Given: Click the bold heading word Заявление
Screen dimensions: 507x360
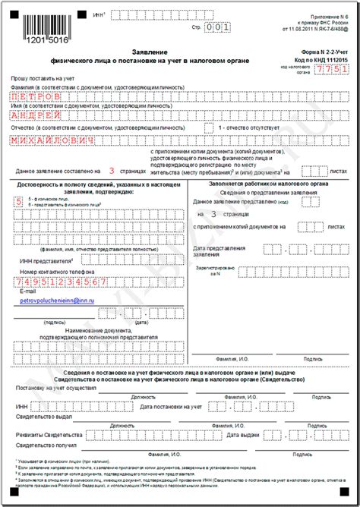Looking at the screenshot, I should click(x=179, y=52).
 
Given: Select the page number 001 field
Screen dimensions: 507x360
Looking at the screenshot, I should click(x=219, y=27).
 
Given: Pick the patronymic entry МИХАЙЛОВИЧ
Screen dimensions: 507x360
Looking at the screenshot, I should click(x=55, y=141).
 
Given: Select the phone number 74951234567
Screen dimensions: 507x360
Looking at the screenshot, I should click(x=62, y=282).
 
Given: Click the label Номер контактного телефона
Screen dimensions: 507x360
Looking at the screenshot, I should click(x=58, y=271).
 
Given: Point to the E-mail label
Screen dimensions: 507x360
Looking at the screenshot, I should click(x=28, y=291).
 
